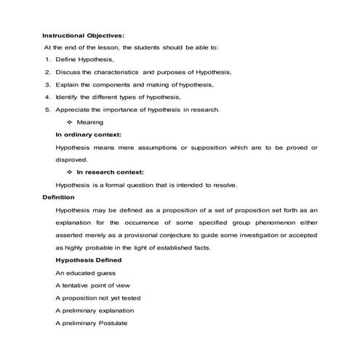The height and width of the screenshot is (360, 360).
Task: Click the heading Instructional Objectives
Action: point(83,35)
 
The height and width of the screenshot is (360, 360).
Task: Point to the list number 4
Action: point(47,97)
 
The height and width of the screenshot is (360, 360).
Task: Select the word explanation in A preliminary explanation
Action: point(113,311)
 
